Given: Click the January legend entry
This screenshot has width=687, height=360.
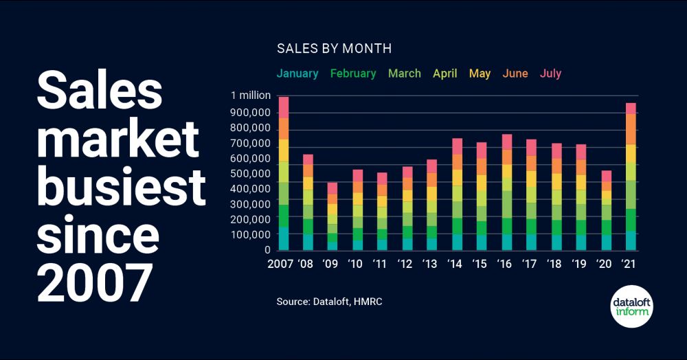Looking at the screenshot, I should coord(297,74).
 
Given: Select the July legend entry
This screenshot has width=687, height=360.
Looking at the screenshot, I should coord(551,74).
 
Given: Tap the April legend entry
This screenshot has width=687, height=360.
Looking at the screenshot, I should coord(445,74).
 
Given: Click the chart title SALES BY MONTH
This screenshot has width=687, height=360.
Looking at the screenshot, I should coord(334,49).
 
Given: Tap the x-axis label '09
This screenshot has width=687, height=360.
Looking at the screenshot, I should coord(331,263).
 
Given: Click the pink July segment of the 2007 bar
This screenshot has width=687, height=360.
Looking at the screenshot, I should coord(284,107).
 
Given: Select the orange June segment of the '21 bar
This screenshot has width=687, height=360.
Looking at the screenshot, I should coord(631,128).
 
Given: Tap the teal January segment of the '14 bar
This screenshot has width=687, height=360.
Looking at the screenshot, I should coord(456,242).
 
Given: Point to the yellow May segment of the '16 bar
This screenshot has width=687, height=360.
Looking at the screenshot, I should coord(507,171).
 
